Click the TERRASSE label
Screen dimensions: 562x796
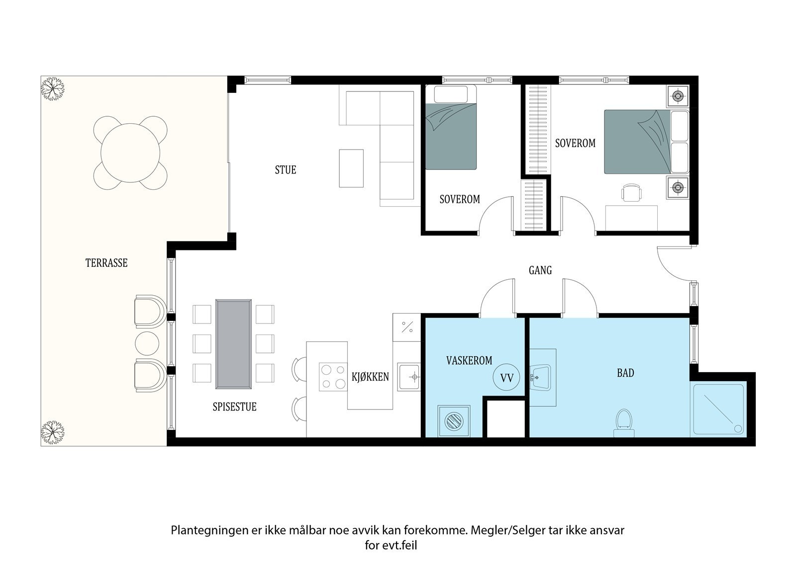coord(106,263)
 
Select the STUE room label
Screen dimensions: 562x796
coord(285,170)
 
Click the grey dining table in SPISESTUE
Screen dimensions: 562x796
coord(233,344)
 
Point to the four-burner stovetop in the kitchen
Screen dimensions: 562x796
coord(333,377)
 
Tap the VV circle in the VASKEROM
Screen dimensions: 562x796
coord(506,378)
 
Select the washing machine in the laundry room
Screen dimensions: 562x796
coord(454,421)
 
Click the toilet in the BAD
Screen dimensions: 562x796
coord(623,422)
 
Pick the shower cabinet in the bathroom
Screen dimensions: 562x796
coord(718,410)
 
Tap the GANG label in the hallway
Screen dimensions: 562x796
coord(540,270)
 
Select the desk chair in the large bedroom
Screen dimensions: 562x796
coord(631,193)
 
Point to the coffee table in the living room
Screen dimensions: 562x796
coord(351,168)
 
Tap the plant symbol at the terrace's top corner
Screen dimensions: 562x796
coord(52,88)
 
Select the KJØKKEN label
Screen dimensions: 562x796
coord(370,377)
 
